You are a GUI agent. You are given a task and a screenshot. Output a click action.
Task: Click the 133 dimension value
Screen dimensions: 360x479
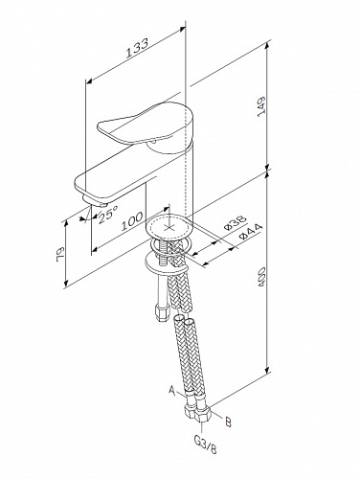point(137,48)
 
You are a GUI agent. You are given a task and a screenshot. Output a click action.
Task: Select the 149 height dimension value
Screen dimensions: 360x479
point(261,106)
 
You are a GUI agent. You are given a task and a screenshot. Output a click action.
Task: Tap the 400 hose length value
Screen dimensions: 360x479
point(261,278)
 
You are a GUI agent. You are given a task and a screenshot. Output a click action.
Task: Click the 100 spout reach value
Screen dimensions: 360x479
point(132,221)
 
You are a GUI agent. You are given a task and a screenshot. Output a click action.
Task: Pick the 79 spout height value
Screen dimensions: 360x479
point(60,254)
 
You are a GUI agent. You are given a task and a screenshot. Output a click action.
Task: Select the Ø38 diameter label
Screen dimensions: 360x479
point(236,223)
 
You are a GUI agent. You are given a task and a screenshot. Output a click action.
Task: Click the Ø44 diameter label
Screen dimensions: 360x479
point(251,232)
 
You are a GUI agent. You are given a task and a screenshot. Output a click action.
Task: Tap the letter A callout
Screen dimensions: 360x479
point(172,390)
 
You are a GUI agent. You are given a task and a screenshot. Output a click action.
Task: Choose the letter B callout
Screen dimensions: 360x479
point(228,422)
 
